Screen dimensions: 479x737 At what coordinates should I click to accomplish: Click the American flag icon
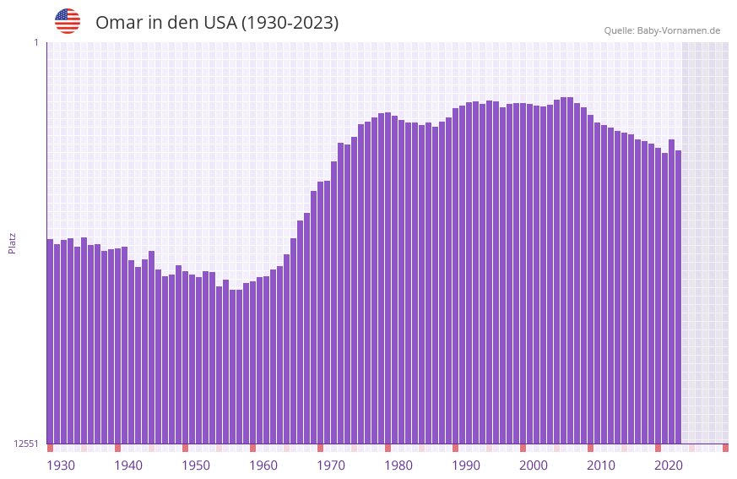pyautogui.click(x=68, y=21)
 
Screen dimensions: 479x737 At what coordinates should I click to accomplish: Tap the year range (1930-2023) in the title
pyautogui.click(x=290, y=23)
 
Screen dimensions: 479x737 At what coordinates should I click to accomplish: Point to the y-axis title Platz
pyautogui.click(x=12, y=243)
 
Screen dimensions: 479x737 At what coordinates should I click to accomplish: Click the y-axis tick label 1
pyautogui.click(x=35, y=42)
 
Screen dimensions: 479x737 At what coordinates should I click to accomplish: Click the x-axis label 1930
pyautogui.click(x=61, y=465)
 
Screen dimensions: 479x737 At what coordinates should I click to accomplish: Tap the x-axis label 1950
pyautogui.click(x=196, y=465)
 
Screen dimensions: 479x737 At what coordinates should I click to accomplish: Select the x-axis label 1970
pyautogui.click(x=331, y=465)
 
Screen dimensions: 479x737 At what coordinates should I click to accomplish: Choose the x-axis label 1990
pyautogui.click(x=466, y=465)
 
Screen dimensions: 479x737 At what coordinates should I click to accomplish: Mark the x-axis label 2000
pyautogui.click(x=534, y=465)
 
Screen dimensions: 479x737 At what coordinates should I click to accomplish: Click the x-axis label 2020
pyautogui.click(x=669, y=465)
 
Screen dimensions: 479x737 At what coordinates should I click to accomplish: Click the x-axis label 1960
pyautogui.click(x=263, y=465)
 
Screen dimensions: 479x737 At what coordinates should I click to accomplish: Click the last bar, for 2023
pyautogui.click(x=678, y=297)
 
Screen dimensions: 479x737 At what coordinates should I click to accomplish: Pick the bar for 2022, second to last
pyautogui.click(x=671, y=291)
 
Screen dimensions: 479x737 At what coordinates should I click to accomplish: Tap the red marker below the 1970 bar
pyautogui.click(x=320, y=448)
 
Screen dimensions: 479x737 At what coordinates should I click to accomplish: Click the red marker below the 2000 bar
pyautogui.click(x=523, y=448)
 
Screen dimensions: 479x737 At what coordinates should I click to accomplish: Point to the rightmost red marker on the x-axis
pyautogui.click(x=725, y=448)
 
